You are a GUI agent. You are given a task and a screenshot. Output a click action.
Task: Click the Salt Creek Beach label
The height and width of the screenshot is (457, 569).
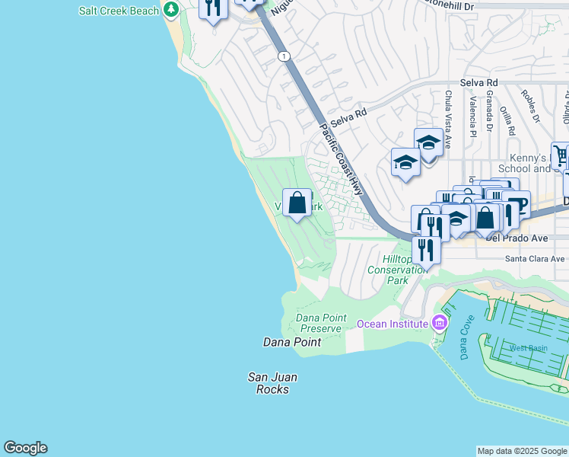[119, 11]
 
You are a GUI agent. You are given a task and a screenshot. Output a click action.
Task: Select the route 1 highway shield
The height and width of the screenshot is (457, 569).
[284, 56]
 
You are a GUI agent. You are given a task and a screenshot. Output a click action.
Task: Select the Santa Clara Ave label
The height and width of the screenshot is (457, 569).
[536, 259]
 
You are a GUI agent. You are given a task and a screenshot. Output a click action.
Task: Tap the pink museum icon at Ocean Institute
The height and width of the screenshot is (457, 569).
[439, 323]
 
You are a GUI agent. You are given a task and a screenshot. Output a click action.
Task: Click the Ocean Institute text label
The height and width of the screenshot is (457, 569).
[393, 324]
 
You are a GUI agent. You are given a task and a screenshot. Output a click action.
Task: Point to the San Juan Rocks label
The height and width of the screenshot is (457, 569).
[272, 383]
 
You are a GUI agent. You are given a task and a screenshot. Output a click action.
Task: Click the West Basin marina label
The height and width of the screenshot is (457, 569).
[528, 348]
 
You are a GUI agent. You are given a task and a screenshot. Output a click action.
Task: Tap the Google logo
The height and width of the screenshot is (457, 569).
[25, 448]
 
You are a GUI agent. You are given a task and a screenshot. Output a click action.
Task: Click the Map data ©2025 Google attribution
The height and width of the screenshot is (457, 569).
[523, 451]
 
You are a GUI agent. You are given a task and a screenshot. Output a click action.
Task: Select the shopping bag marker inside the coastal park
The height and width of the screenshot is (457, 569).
[297, 203]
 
